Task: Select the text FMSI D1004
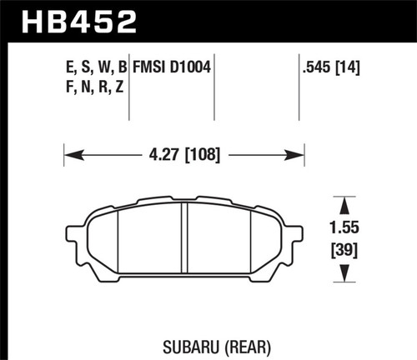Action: coord(171,63)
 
